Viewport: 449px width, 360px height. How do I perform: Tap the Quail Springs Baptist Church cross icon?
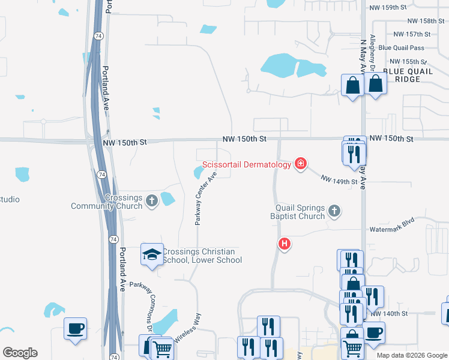[335, 211]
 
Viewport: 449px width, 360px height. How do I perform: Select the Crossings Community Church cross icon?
[152, 200]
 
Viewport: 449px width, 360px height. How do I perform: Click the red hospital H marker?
[285, 244]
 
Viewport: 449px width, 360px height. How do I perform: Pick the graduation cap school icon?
[152, 254]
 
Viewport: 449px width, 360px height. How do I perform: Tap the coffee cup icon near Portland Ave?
[76, 328]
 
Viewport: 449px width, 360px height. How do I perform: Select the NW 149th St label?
[339, 179]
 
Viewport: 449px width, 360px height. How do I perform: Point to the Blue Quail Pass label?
[401, 48]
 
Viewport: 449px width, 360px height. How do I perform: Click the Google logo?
[20, 353]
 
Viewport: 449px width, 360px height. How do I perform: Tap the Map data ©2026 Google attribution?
[412, 355]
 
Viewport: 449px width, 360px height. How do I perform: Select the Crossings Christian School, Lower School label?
[202, 256]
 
